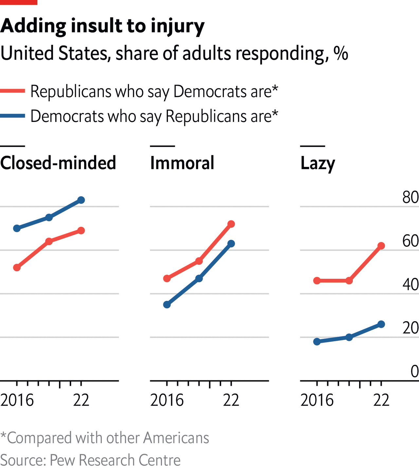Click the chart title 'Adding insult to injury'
coord(102,26)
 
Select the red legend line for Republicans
coord(12,91)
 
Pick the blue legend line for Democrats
coord(12,116)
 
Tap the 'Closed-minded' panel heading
coord(58,163)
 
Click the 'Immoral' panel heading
coord(182,163)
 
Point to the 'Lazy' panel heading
coord(318,163)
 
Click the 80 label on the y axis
coord(410,197)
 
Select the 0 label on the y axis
coord(414,372)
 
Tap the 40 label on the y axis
coord(410,284)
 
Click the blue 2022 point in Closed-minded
coord(81,200)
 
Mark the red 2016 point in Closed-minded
coord(17,268)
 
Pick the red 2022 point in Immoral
coord(231,224)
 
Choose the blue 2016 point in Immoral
coord(167,305)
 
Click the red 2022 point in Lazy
coord(381,246)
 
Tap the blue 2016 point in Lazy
coord(317,342)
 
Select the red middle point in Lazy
coord(349,280)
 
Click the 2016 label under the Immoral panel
coord(167,400)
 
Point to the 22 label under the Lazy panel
coord(381,400)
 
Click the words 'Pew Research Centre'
coord(115,460)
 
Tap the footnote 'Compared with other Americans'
coord(108,438)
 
